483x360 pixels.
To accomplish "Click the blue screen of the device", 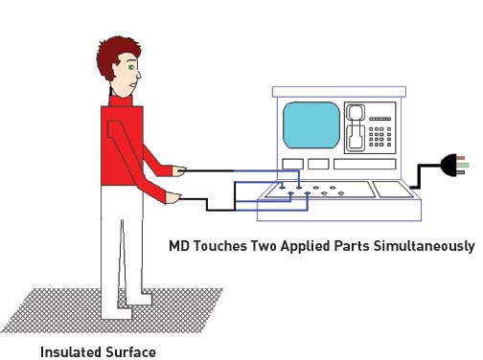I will pyautogui.click(x=312, y=123).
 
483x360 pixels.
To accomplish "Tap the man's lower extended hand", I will pyautogui.click(x=173, y=198).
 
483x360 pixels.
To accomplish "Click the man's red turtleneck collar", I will pyautogui.click(x=120, y=100).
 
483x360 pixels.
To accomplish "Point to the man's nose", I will pyautogui.click(x=142, y=74).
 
